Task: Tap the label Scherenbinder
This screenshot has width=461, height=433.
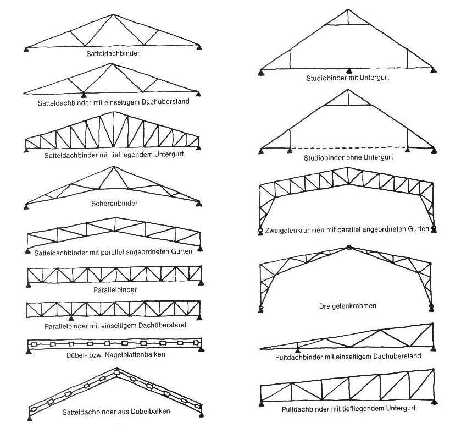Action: [x=114, y=203]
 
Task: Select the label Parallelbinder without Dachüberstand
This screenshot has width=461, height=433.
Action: [x=114, y=289]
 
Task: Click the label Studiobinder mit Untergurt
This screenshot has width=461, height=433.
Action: [x=347, y=78]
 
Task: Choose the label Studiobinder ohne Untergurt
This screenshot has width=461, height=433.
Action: [x=348, y=158]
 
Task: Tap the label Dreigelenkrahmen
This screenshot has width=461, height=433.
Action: [x=347, y=306]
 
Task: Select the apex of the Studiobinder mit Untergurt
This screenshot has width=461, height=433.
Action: [x=348, y=9]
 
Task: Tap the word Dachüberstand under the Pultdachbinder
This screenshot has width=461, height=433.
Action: [x=400, y=357]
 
